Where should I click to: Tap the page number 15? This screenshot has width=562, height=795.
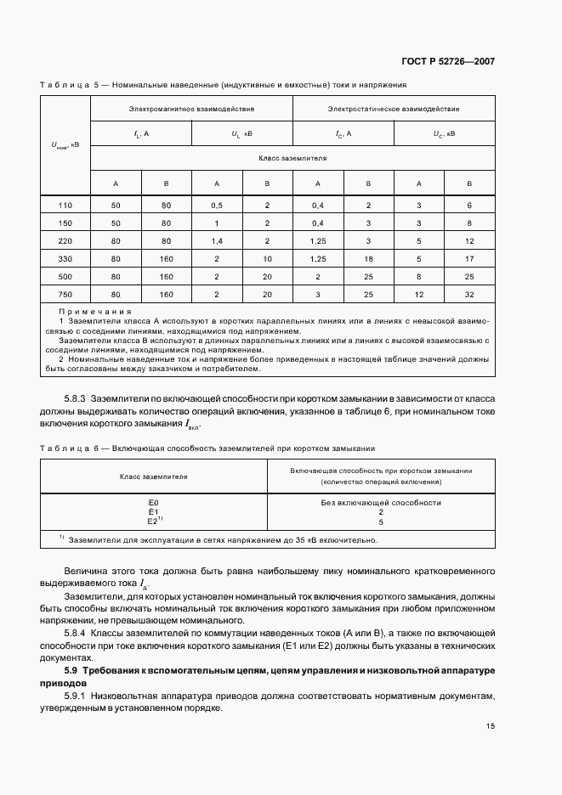click(x=491, y=725)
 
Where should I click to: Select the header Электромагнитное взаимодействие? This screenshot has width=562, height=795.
click(x=191, y=109)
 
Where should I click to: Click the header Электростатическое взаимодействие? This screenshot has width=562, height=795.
click(x=394, y=109)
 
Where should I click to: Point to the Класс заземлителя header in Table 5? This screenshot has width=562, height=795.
click(x=292, y=158)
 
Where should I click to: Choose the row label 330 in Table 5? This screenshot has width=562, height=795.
click(x=65, y=259)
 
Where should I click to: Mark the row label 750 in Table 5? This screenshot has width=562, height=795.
click(x=65, y=295)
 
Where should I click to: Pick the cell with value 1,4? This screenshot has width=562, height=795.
click(x=217, y=241)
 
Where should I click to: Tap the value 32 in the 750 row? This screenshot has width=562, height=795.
click(x=469, y=295)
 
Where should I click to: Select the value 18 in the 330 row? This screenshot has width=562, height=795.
click(x=368, y=259)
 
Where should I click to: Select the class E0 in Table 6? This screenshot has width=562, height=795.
click(x=153, y=503)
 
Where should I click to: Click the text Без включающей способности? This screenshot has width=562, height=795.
click(x=380, y=503)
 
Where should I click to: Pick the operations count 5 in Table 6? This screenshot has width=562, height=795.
click(x=380, y=522)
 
